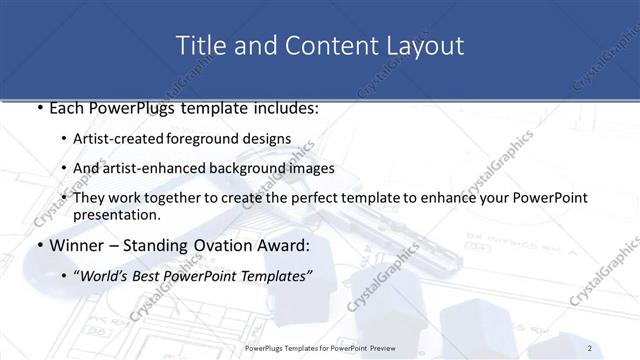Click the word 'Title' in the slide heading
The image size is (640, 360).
(200, 46)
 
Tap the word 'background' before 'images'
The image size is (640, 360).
(252, 167)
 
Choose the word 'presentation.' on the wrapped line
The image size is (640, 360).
(117, 214)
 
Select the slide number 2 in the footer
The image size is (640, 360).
(591, 348)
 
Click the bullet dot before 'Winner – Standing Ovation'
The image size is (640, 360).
(38, 245)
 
